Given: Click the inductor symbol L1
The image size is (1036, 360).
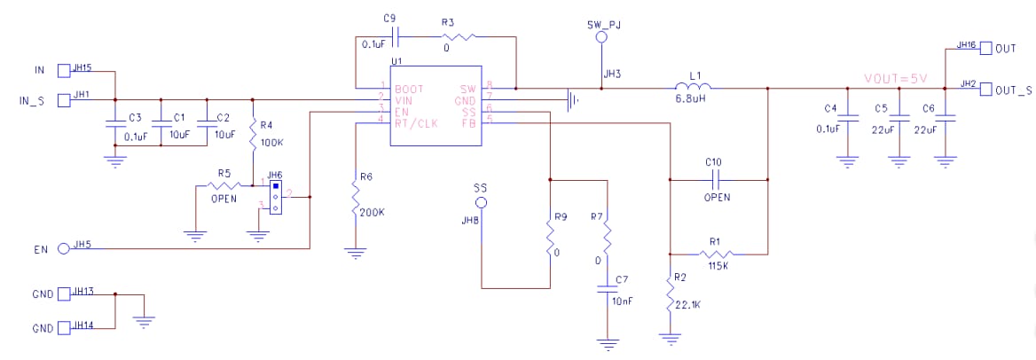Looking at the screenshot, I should [694, 87].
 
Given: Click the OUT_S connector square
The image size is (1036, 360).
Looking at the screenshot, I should [985, 90].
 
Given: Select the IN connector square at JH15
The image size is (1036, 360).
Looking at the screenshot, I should [63, 70].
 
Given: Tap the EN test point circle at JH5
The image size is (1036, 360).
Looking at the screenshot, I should [63, 248].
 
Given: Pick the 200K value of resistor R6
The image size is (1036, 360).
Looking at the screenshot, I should [372, 213].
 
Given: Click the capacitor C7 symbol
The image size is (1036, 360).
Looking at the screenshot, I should [608, 288].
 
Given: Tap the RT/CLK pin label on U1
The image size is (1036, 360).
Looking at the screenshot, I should [416, 122].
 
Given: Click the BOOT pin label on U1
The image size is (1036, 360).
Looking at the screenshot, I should [409, 90].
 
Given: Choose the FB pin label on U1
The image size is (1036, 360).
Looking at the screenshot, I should [468, 122].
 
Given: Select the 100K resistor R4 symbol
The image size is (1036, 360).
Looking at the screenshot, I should [254, 135].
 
